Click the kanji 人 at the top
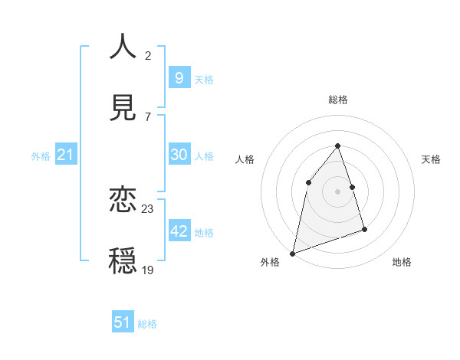pos(123,47)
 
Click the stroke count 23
pos(148,208)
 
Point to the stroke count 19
pos(148,270)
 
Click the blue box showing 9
pos(179,77)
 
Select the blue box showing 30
pos(179,155)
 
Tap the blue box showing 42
pos(179,231)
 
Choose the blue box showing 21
pos(65,155)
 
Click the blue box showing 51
pos(123,322)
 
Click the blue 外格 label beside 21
pos(41,156)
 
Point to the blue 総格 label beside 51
pos(147,324)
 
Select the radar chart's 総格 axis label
pos(338,100)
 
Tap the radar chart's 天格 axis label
pos(431,159)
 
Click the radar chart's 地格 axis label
pos(402,262)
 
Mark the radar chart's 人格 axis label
pos(245,159)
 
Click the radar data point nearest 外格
pos(293,253)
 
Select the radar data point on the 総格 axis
pos(338,146)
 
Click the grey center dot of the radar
pos(338,191)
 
